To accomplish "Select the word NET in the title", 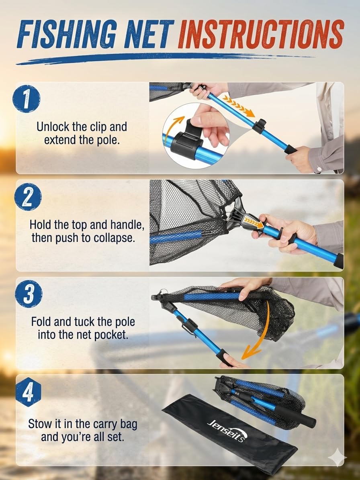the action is click(149, 34).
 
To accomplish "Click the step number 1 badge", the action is click(27, 99).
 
